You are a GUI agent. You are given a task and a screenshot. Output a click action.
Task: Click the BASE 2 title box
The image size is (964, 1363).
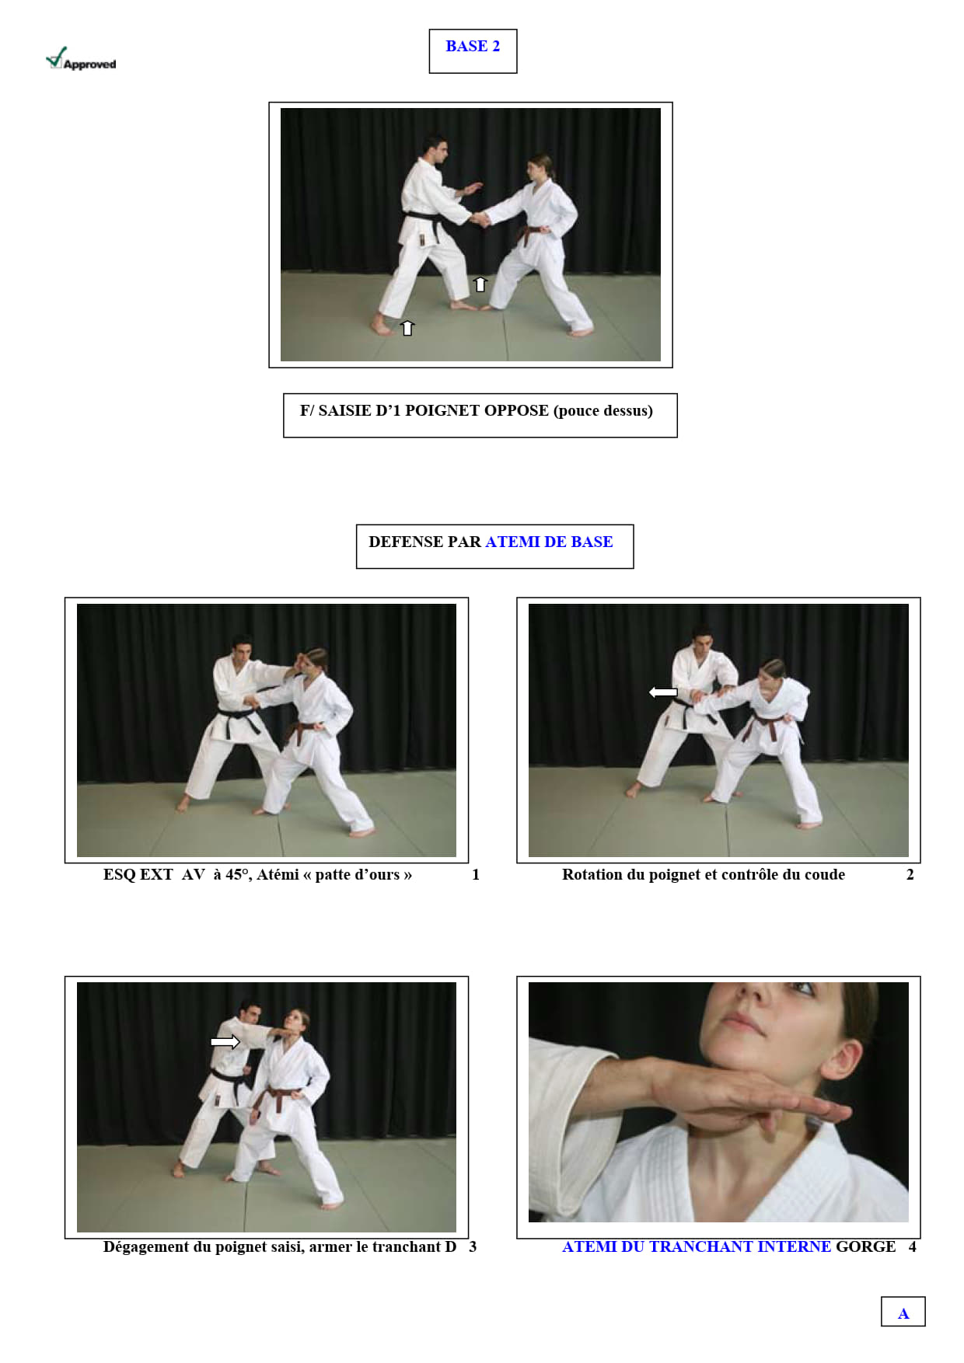tap(473, 51)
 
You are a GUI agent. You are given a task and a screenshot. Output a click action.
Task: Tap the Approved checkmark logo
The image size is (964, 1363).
tap(81, 59)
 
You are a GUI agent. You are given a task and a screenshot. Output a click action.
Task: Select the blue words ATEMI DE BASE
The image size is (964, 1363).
tap(549, 542)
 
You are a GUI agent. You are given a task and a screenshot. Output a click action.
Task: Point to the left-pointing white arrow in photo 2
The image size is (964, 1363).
tap(663, 692)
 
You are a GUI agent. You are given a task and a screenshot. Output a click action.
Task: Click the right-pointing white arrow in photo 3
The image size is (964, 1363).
tap(225, 1041)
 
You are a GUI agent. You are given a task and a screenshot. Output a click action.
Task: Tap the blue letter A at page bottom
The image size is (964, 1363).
tap(903, 1314)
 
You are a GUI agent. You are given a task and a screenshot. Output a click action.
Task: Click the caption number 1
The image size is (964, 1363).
tap(476, 875)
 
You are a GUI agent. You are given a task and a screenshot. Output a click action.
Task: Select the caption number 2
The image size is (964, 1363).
tap(910, 875)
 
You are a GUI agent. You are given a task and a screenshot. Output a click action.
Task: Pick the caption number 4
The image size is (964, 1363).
tap(913, 1247)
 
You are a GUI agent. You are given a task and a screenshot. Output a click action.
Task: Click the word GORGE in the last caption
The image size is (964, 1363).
tap(865, 1247)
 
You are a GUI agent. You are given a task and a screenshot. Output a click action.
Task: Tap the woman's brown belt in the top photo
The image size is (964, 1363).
tap(533, 232)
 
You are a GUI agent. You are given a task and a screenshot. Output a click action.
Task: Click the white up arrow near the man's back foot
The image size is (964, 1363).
tap(407, 328)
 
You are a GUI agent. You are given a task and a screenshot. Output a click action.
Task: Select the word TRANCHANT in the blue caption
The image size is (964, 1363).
tap(701, 1247)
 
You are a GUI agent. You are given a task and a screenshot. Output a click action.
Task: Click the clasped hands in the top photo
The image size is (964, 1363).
tap(479, 220)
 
